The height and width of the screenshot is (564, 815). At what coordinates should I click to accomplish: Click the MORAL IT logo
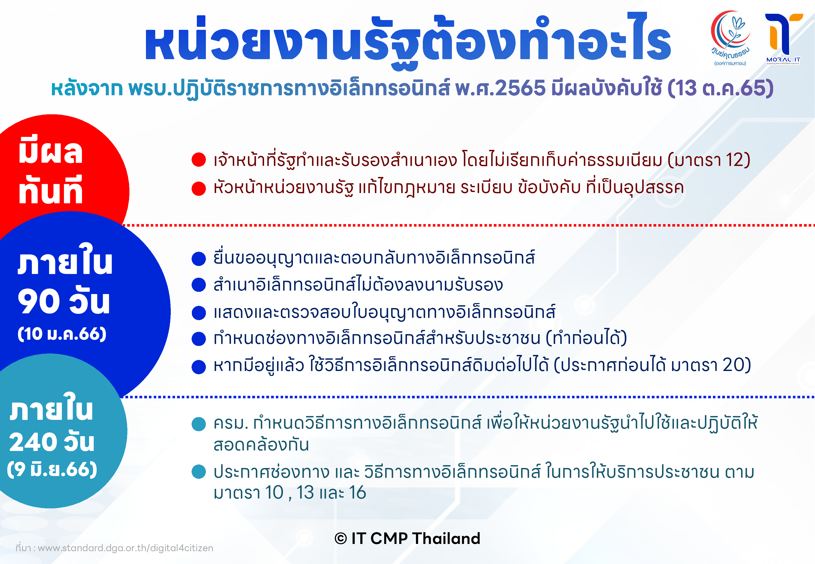click(783, 39)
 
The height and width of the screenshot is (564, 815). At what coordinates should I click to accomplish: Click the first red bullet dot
click(199, 160)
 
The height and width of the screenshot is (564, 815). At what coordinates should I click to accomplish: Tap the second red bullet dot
click(199, 188)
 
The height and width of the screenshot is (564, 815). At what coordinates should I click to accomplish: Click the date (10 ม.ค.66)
click(62, 334)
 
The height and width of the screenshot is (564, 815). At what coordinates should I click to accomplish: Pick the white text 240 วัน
click(52, 442)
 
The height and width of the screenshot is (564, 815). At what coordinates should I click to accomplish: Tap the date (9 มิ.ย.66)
click(52, 469)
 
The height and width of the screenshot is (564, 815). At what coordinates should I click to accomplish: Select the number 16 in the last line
click(357, 493)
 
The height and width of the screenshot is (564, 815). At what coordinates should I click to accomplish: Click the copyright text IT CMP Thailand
click(407, 538)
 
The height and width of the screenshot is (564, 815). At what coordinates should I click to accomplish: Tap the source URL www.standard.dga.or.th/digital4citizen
click(125, 548)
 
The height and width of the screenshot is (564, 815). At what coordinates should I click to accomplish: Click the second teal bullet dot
click(199, 472)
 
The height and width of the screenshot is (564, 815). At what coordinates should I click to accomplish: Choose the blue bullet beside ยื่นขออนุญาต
click(199, 259)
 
